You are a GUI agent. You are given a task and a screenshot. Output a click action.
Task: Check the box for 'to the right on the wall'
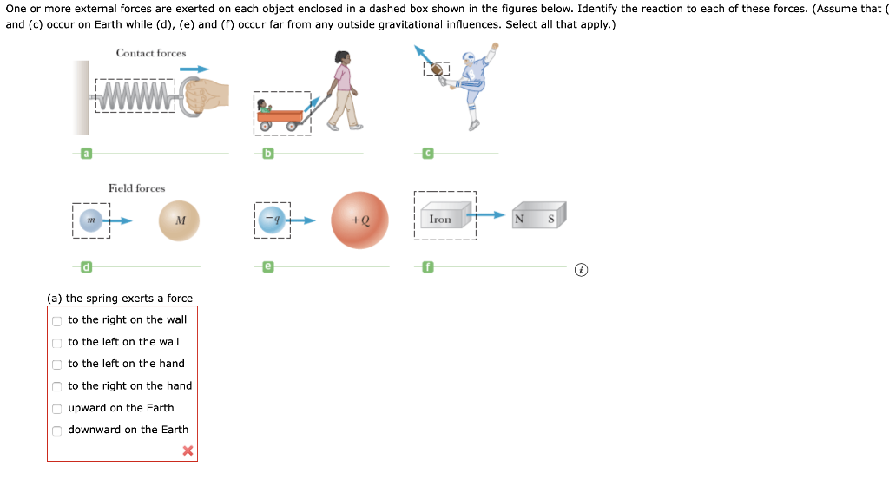click(57, 320)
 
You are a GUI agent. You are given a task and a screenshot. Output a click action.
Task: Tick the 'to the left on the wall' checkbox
click(57, 342)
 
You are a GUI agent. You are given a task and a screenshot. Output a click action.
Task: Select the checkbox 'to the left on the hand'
click(57, 365)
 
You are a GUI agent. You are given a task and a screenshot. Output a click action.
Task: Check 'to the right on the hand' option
click(57, 386)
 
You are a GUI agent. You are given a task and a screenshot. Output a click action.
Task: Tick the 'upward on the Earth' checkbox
click(57, 408)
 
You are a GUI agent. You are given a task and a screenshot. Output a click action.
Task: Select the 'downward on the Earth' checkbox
click(57, 431)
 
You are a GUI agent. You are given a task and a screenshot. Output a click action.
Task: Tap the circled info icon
click(582, 270)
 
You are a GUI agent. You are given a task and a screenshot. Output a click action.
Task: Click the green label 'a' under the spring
click(85, 154)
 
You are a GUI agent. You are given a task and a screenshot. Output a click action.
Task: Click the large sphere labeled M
click(180, 220)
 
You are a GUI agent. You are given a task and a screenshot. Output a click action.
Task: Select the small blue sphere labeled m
click(89, 220)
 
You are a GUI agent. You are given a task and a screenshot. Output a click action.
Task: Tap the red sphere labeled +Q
click(360, 220)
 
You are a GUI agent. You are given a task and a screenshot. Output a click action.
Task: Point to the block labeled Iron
click(441, 220)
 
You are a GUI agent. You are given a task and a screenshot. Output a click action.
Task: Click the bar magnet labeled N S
click(538, 217)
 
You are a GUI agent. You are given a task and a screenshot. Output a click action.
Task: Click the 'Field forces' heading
click(136, 188)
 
